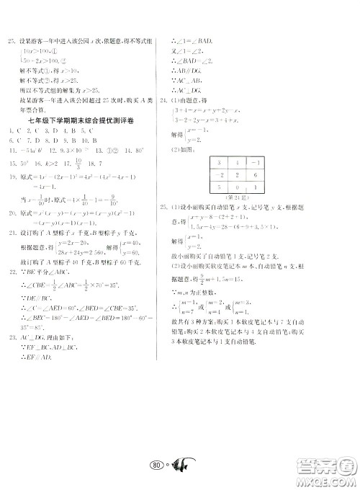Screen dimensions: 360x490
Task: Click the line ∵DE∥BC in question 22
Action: (33, 296)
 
